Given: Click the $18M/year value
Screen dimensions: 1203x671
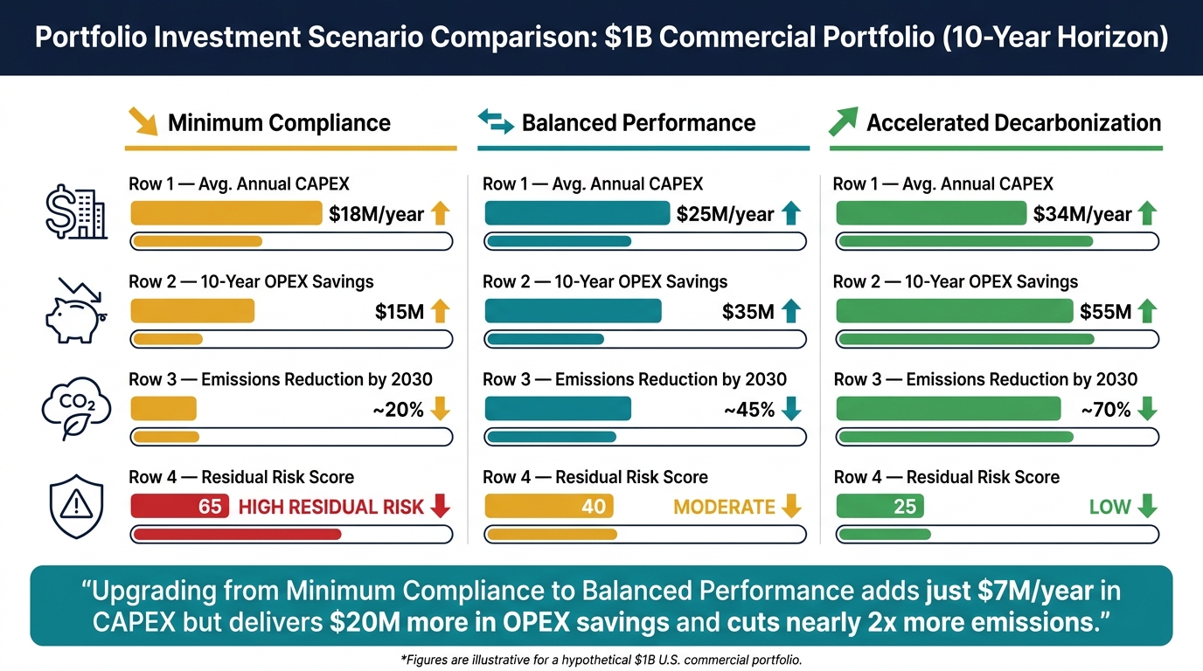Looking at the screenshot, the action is [376, 214].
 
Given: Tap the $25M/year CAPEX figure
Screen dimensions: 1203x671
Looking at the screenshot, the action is [725, 214].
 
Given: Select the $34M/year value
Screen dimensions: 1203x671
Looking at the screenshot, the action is [1082, 214].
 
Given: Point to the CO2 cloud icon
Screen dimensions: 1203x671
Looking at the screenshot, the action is [76, 408].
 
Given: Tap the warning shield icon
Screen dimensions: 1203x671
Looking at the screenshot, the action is [76, 506].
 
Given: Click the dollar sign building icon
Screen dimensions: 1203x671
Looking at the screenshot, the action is [76, 212].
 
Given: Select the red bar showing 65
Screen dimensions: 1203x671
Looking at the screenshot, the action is [179, 506].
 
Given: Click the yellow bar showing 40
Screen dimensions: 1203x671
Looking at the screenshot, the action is [549, 506].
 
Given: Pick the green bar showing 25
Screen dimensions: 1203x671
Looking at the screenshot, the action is [880, 506].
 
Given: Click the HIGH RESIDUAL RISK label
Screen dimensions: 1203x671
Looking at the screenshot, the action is [330, 507].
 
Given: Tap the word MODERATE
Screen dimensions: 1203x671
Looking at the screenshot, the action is [724, 507].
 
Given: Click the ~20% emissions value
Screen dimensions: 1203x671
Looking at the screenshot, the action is [399, 410].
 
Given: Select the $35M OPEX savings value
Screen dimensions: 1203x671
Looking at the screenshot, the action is [748, 312].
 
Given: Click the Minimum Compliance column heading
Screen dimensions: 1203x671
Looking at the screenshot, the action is [279, 123].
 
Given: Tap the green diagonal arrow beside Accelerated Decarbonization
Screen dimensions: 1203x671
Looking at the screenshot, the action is [843, 121].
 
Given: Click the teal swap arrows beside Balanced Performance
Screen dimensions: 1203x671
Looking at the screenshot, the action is [496, 121].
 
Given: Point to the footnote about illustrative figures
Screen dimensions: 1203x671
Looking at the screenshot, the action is [601, 660].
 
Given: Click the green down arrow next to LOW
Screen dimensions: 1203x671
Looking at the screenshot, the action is [1147, 506].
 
